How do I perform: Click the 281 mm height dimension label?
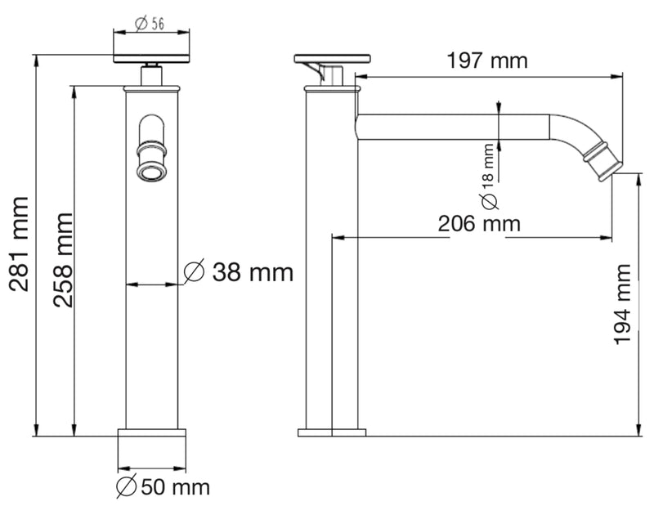(x=19, y=244)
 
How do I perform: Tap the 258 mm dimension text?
(x=62, y=259)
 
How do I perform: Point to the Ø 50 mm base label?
(x=163, y=487)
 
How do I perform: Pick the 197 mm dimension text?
(x=487, y=60)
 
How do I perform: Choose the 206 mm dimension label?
(x=479, y=223)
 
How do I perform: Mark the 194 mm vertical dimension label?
(x=622, y=303)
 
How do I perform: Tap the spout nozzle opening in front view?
(x=150, y=170)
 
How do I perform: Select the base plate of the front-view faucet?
(x=150, y=433)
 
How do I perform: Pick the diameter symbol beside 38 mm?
(x=194, y=272)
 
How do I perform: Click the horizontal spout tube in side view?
(x=450, y=126)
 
